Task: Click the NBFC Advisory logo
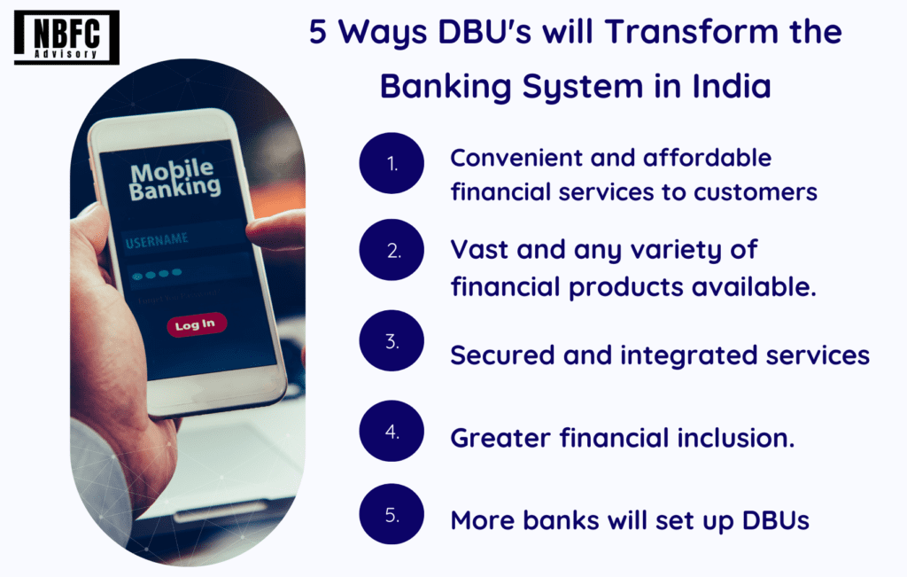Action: click(66, 37)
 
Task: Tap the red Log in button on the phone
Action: click(196, 324)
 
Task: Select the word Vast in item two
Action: click(479, 249)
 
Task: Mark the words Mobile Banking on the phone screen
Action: click(173, 179)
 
